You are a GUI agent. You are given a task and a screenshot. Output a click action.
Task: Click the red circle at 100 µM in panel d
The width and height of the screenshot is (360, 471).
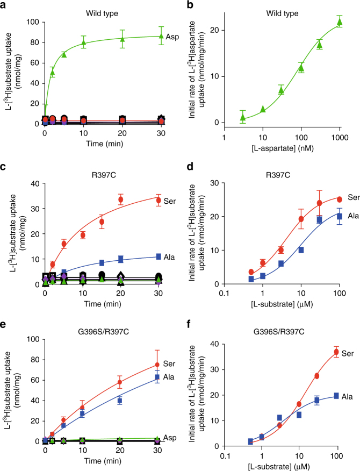click(x=339, y=199)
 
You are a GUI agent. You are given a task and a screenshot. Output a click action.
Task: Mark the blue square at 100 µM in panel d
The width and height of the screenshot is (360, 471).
click(x=339, y=216)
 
